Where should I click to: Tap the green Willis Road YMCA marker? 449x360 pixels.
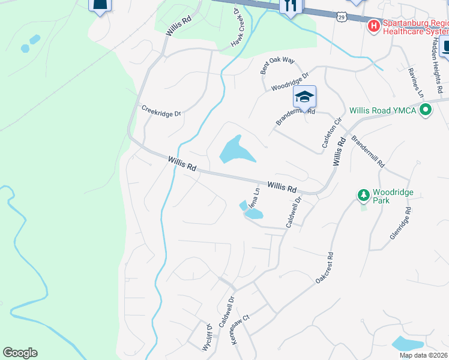(426, 110)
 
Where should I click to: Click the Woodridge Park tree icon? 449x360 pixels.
(363, 195)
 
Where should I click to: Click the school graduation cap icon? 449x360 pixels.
(305, 97)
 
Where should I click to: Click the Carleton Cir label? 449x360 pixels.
(331, 134)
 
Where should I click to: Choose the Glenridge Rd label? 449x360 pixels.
(401, 224)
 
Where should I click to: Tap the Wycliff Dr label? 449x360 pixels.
(207, 338)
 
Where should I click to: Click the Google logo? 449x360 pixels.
(20, 353)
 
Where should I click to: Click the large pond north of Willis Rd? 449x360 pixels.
(235, 150)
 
